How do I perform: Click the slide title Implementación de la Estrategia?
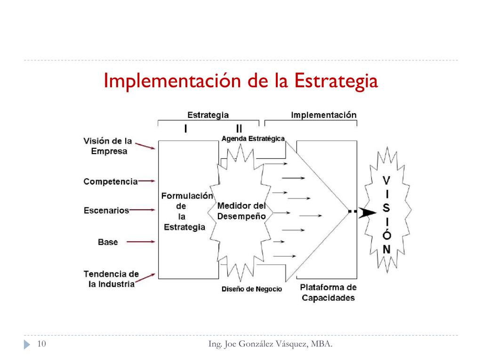tap(241, 81)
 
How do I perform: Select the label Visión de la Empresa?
tap(108, 146)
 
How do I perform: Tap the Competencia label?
tap(111, 181)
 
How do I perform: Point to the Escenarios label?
tap(106, 210)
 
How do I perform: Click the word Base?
tap(108, 242)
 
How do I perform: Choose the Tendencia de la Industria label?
tap(112, 279)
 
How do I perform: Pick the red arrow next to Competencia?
tap(146, 181)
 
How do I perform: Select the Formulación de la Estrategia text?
tap(187, 211)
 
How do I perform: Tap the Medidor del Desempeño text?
tap(241, 211)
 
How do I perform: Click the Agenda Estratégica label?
tap(253, 139)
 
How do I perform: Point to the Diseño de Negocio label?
tap(252, 289)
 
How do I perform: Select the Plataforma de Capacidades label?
tap(328, 292)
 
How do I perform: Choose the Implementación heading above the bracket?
tap(323, 115)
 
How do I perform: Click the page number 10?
tap(41, 345)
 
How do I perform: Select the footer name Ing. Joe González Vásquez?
tap(270, 345)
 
